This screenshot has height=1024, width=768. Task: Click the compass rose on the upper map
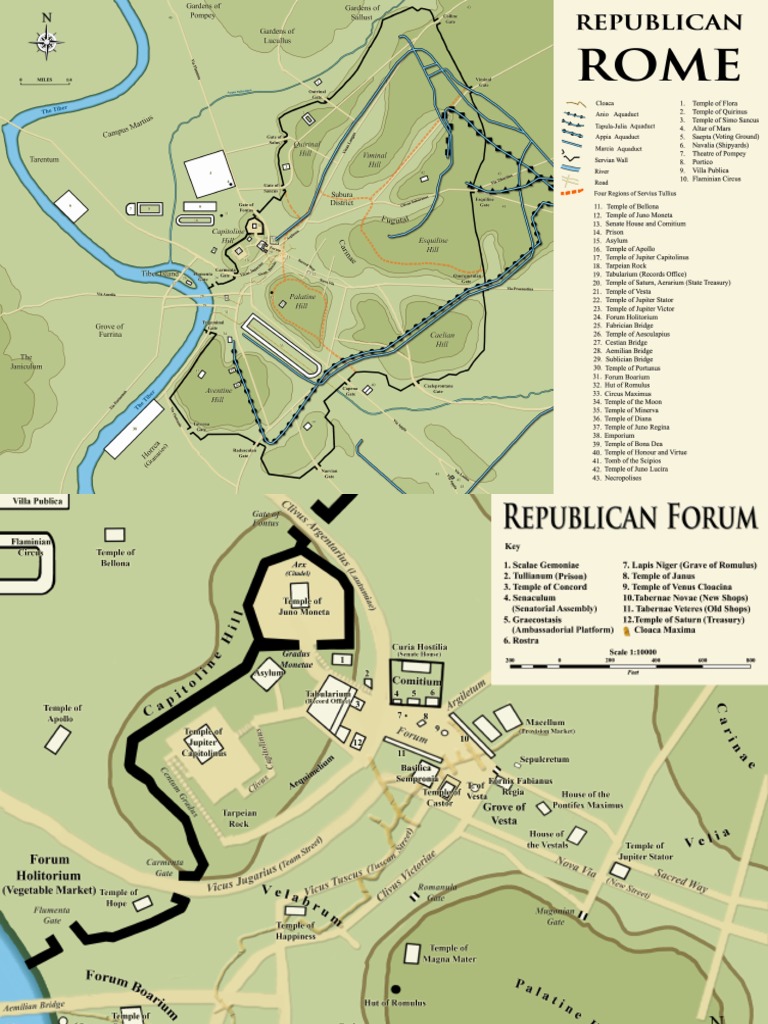point(47,42)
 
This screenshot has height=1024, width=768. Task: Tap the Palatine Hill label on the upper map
point(303,301)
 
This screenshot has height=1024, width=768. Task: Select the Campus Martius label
point(128,127)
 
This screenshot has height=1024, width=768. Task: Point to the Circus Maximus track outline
point(280,346)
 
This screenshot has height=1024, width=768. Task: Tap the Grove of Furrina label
point(109,330)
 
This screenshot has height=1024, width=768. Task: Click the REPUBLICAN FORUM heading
point(629,517)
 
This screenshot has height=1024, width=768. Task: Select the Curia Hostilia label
point(419,648)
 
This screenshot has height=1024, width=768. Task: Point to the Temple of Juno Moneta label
point(306,606)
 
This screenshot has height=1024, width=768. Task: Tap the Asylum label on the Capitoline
point(267,673)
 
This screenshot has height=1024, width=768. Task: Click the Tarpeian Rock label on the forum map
point(239,818)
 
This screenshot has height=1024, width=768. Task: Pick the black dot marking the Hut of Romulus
point(395,989)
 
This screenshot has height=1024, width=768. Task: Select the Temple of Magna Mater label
point(449,953)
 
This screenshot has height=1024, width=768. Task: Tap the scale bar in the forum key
point(630,663)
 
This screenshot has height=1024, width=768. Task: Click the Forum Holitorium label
point(50,874)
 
